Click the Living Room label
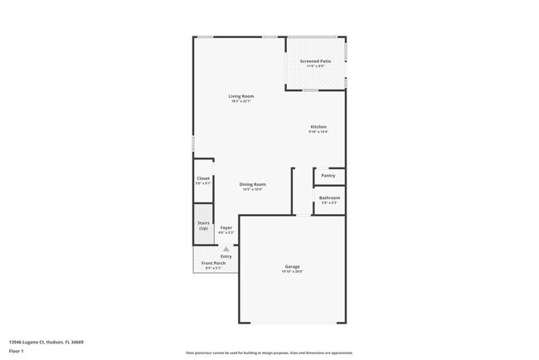(241, 96)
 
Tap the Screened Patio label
(315, 61)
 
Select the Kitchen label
(318, 127)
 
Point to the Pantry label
(328, 175)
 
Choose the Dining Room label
(253, 184)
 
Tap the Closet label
(203, 178)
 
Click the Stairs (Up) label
(203, 224)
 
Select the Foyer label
(226, 227)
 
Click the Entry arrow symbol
(226, 248)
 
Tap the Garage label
(292, 266)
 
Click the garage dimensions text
(292, 272)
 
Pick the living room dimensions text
(241, 101)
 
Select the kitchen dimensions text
(318, 132)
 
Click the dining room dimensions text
(253, 189)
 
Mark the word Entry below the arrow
(226, 256)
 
